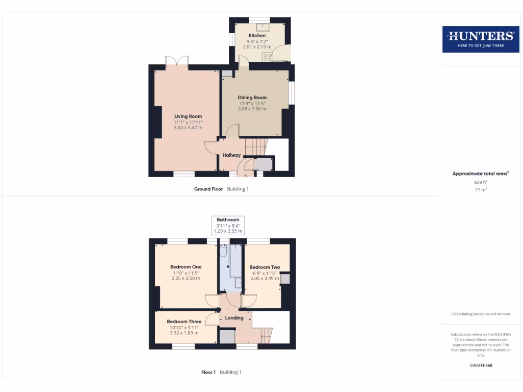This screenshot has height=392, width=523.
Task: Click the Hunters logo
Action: tap(480, 38)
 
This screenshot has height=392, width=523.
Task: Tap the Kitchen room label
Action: tap(257, 35)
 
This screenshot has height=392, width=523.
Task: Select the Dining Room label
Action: tap(252, 97)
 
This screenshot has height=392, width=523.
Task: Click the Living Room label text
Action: tap(188, 116)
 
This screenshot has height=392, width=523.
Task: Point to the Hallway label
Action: tap(231, 155)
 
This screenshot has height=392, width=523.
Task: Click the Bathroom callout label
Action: tap(228, 220)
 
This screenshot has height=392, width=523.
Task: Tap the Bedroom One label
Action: tap(186, 267)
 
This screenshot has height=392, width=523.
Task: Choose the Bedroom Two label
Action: tap(265, 267)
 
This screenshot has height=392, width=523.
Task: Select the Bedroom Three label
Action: tap(184, 322)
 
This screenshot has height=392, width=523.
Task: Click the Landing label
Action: tap(234, 318)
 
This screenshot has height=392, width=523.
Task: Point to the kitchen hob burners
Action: tap(267, 57)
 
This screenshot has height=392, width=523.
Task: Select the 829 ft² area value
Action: tap(481, 182)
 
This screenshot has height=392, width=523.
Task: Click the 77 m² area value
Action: tap(481, 189)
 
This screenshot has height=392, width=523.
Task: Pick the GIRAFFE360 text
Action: tap(481, 365)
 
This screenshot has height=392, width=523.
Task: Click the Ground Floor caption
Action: tap(208, 189)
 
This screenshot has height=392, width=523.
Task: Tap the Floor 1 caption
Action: tap(208, 372)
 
